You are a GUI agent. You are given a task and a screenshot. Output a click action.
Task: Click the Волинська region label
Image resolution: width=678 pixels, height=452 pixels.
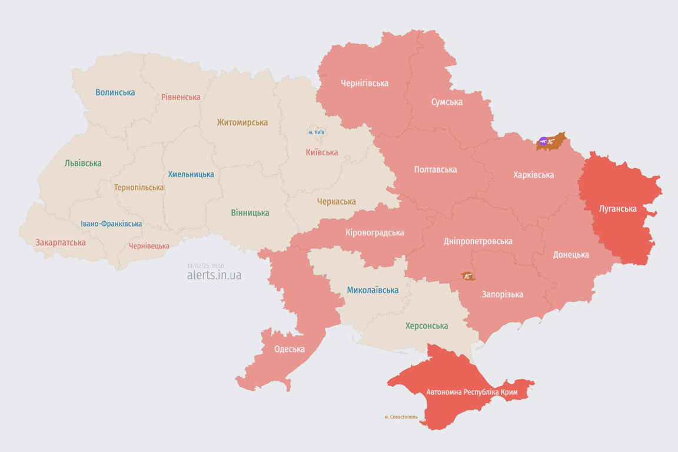pos(115,92)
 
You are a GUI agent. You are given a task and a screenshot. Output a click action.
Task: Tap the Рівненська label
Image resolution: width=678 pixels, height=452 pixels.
pos(181,97)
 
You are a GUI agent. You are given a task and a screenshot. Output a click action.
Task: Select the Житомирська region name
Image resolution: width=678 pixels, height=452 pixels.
pos(242,122)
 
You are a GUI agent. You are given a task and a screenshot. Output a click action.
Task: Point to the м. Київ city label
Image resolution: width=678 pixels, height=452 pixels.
pos(316,132)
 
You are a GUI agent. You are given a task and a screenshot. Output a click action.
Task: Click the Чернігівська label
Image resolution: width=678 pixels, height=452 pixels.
pos(364,83)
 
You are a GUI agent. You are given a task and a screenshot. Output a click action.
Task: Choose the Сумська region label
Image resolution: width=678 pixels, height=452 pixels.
pos(447,102)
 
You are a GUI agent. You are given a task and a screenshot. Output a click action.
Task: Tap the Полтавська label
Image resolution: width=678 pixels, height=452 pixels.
pos(435,169)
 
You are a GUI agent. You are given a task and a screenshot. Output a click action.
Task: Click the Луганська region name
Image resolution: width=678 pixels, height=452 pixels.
pos(617,208)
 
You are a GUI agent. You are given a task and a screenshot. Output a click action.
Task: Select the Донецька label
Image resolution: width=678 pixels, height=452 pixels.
pos(571,255)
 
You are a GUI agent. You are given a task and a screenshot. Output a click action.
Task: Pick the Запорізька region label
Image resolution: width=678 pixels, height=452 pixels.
pos(502,294)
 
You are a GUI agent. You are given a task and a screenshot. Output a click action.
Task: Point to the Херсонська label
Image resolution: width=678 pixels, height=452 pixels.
pos(427,325)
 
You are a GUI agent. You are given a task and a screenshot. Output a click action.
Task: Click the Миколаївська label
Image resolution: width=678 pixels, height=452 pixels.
pos(373,290)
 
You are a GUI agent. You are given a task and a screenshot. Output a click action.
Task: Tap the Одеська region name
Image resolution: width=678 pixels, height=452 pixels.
pos(290,349)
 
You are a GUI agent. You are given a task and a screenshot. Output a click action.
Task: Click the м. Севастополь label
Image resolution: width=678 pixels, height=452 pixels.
pos(401,417)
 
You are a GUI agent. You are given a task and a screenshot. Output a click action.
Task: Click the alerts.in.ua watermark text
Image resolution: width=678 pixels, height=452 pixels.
pos(214,275)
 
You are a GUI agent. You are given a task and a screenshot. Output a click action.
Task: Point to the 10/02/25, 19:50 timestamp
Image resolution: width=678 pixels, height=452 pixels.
pos(205,266)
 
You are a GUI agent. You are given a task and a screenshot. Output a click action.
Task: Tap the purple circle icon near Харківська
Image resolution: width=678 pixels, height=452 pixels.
pos(543,141)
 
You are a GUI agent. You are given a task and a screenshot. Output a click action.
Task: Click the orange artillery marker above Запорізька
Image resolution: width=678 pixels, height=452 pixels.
pos(468,275)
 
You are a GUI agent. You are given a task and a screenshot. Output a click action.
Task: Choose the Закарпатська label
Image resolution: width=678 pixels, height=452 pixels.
pos(61,242)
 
